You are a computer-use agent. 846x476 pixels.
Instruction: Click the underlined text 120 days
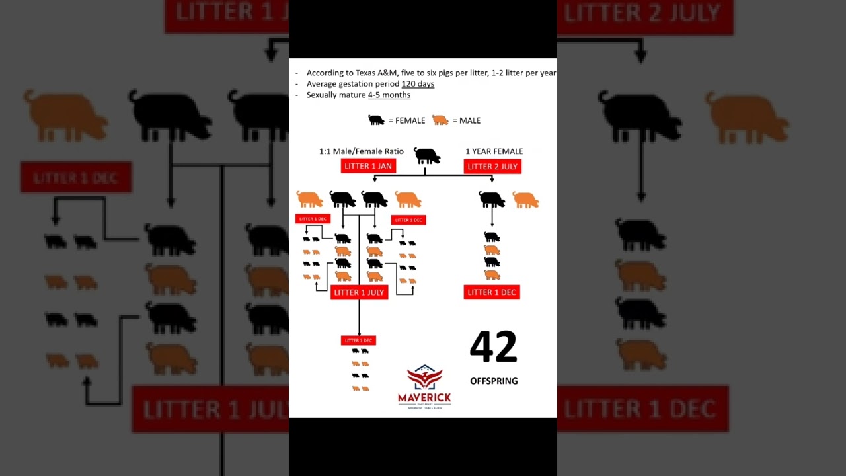[418, 84]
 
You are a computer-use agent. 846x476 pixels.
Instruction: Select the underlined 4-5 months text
[389, 95]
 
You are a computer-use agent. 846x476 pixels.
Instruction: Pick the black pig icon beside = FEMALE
[376, 120]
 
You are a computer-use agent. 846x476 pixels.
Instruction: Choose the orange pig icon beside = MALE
[440, 120]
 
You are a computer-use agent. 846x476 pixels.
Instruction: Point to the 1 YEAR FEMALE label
[494, 151]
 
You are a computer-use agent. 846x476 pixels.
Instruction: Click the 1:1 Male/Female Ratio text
[361, 151]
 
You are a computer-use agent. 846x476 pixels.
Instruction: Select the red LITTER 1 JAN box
[368, 166]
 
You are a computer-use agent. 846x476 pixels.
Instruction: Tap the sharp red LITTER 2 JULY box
[492, 167]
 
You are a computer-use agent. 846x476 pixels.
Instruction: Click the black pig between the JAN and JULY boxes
[427, 156]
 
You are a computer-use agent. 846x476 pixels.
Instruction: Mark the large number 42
[493, 347]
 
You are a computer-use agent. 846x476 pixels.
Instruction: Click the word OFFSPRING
[494, 381]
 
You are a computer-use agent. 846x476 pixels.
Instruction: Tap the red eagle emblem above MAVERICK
[424, 377]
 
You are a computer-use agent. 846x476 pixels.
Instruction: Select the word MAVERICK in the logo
[424, 397]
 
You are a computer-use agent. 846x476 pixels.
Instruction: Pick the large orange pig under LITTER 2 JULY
[525, 200]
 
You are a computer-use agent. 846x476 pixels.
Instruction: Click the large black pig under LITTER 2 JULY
[492, 199]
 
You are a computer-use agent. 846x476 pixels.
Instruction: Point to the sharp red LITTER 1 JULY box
[359, 292]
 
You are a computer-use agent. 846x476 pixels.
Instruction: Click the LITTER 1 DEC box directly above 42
[492, 292]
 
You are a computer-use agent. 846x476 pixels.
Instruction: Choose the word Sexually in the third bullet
[321, 95]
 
